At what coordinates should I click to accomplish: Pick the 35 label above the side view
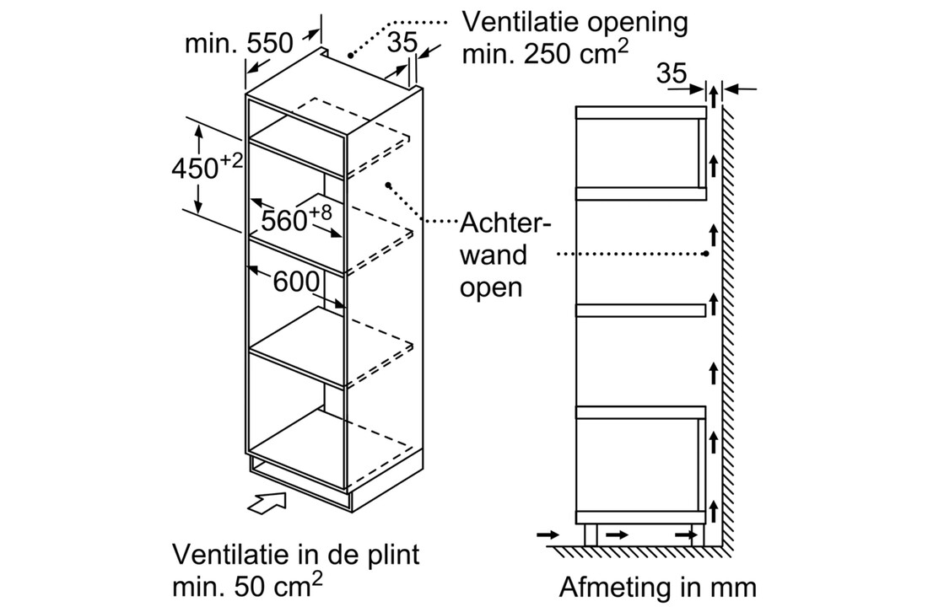click(x=672, y=74)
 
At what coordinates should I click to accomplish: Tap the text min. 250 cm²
click(x=543, y=54)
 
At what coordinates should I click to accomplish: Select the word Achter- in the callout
click(x=504, y=225)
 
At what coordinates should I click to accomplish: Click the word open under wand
click(x=490, y=287)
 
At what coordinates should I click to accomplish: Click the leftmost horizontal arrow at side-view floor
click(x=547, y=534)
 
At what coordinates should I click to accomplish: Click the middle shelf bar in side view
click(x=640, y=310)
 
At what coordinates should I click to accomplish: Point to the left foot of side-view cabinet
click(x=591, y=534)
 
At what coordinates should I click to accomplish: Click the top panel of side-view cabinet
click(x=640, y=113)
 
